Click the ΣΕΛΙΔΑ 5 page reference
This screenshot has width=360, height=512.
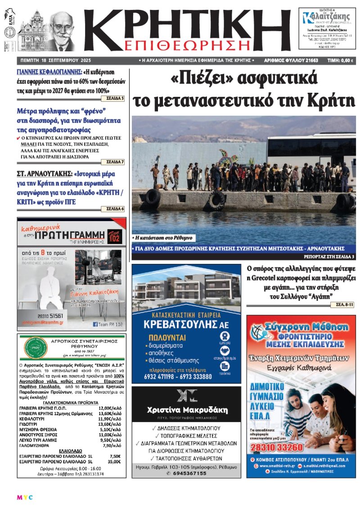[x=115, y=98]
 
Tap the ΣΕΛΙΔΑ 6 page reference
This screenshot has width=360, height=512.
[x=115, y=209]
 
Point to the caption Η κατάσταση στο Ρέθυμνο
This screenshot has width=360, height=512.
[x=163, y=237]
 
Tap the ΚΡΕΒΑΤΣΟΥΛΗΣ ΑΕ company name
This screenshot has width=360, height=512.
[x=186, y=325]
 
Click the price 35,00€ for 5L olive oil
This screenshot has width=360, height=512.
[x=115, y=462]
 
